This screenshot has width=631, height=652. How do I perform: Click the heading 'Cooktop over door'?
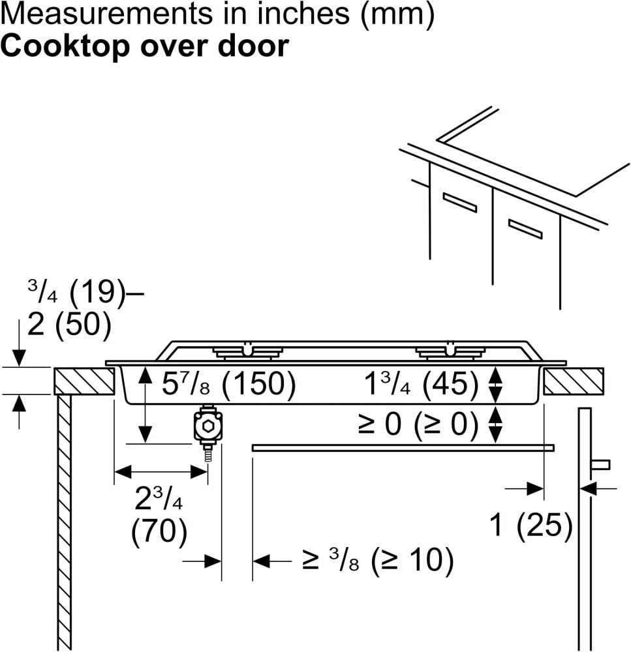click(144, 47)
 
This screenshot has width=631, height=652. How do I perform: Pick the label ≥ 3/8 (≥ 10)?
click(377, 560)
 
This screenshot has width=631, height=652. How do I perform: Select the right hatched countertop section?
click(573, 381)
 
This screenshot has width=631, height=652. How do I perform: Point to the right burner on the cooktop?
click(450, 352)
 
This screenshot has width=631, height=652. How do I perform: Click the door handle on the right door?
click(600, 464)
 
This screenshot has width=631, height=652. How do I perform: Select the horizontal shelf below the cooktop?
click(403, 447)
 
